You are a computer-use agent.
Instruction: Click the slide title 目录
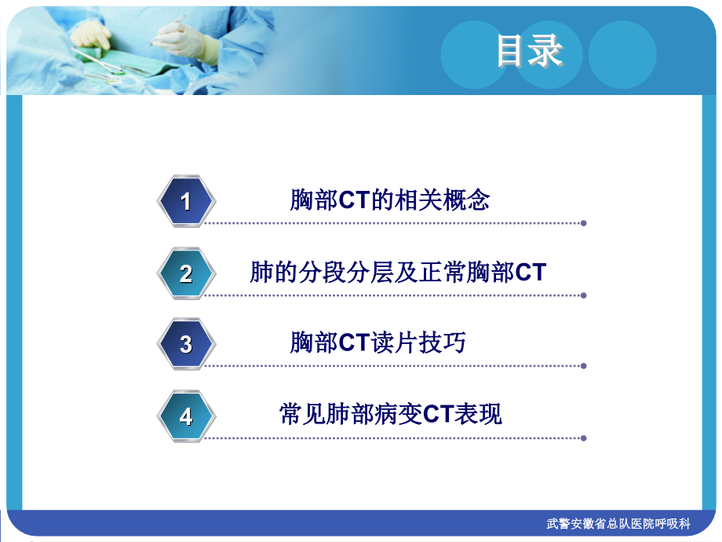(x=531, y=51)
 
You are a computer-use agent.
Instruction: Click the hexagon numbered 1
(x=186, y=201)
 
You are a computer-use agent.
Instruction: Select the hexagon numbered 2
(x=186, y=273)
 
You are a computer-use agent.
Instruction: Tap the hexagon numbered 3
(x=186, y=344)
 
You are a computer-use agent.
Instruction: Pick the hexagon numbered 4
(x=186, y=416)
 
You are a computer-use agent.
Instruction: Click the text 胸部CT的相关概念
(x=390, y=200)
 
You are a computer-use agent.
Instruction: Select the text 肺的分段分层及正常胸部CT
(x=398, y=273)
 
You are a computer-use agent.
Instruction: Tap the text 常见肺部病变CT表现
(x=391, y=414)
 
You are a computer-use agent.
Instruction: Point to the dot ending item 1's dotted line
(x=583, y=223)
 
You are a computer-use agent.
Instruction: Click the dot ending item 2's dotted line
(x=583, y=295)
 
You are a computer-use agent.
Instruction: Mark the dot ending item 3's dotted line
(x=583, y=366)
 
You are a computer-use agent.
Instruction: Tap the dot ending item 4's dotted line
(x=583, y=438)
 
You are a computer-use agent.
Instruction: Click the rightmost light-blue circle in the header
(x=622, y=53)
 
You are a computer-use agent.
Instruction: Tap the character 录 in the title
(x=547, y=51)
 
